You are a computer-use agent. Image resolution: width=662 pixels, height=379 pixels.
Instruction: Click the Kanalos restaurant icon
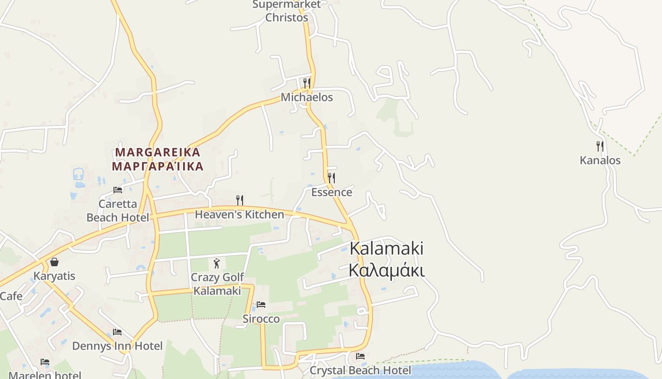[x=600, y=146]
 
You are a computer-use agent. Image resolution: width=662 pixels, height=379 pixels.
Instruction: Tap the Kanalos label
[x=600, y=160]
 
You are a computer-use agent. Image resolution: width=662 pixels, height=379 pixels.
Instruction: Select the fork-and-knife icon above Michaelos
[x=306, y=83]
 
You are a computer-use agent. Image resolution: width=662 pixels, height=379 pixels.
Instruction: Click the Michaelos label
[x=307, y=97]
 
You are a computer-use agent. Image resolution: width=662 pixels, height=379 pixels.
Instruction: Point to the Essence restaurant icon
[x=331, y=178]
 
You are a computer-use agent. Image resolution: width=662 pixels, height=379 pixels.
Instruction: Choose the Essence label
[x=331, y=192]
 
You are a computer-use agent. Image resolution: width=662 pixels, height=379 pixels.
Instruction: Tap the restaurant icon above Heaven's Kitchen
[x=240, y=200]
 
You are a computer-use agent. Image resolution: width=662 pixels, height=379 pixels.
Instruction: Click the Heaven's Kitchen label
[x=239, y=215]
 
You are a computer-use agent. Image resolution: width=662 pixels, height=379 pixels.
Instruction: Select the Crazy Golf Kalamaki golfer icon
[x=217, y=263]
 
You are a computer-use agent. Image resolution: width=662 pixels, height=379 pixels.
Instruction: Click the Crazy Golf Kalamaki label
[x=218, y=284]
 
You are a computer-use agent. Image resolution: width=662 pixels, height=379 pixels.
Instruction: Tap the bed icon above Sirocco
[x=261, y=305]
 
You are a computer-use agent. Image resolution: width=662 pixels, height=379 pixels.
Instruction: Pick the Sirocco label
[x=261, y=319]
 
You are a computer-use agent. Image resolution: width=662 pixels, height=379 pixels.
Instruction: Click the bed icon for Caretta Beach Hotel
[x=118, y=190]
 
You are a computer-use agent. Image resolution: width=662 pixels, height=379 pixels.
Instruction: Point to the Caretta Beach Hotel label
[x=117, y=211]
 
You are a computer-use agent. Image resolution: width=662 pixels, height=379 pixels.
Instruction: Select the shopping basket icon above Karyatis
[x=54, y=262]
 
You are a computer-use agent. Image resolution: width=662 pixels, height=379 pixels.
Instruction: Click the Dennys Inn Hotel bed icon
[x=117, y=332]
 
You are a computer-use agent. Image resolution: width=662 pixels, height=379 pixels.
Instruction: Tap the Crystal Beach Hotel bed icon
[x=360, y=356]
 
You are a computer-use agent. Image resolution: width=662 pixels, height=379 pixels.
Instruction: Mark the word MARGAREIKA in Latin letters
[x=158, y=153]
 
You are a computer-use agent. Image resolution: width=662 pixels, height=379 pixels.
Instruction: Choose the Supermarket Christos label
[x=287, y=11]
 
